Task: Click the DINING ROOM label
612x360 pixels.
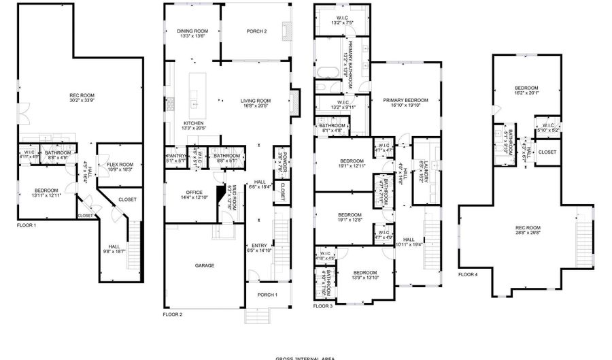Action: (192, 31)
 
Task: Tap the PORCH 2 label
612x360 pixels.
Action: (256, 31)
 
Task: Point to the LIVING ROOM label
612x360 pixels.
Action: (255, 102)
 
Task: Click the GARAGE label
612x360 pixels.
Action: (205, 265)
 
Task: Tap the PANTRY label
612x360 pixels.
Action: (175, 156)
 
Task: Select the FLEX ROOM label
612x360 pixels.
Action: (120, 164)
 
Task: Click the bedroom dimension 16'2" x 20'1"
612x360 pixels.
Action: (526, 93)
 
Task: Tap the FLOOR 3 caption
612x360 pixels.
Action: (323, 306)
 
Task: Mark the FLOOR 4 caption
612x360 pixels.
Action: (468, 274)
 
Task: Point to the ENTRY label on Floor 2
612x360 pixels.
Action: (258, 246)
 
